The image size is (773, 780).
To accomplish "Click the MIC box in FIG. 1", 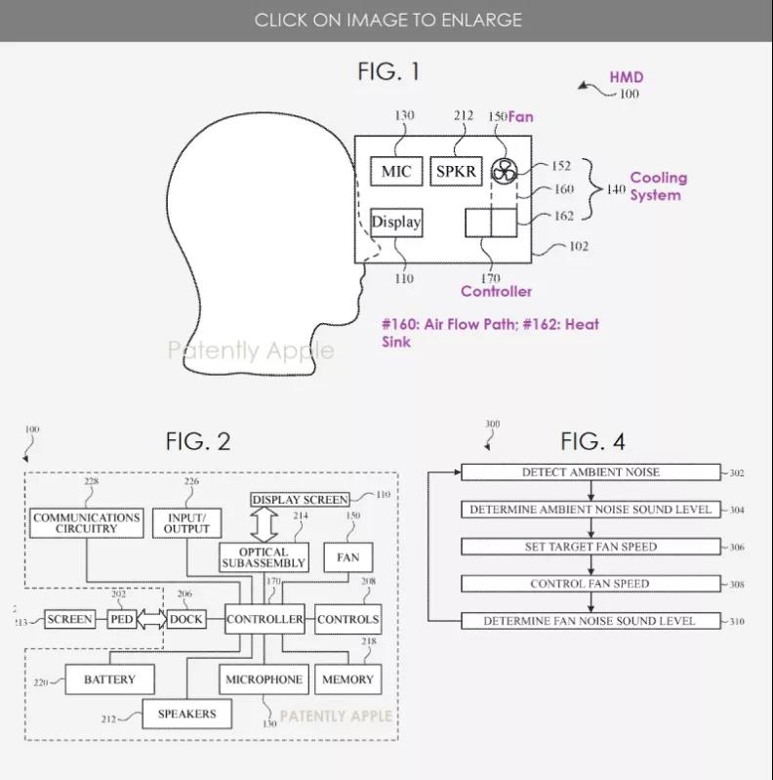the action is tap(396, 171).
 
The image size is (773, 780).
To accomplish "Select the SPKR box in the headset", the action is tap(456, 171).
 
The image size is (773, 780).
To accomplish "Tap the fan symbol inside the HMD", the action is tap(505, 172).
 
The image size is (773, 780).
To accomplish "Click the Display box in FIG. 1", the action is tap(396, 223).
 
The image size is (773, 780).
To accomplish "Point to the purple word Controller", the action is tap(496, 291).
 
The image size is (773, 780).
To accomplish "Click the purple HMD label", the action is tap(627, 77).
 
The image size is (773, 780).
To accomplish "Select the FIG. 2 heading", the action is tap(198, 441).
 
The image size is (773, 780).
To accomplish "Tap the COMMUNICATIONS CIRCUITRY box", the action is tap(87, 523).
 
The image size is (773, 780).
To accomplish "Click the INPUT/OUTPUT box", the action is tap(186, 523).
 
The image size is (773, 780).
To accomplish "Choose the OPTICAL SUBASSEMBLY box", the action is tap(264, 557).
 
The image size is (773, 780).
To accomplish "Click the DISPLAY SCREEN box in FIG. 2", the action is tap(300, 499).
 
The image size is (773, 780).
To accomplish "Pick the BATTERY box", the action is tap(110, 679).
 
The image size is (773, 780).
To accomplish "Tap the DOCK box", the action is tap(186, 619).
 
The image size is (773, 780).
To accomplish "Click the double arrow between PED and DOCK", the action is tap(151, 619).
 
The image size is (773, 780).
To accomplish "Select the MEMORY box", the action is tap(347, 679).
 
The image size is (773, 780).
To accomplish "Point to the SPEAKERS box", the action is tap(187, 714).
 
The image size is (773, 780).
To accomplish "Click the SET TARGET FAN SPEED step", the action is tap(590, 547).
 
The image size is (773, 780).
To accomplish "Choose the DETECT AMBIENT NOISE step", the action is tap(590, 472).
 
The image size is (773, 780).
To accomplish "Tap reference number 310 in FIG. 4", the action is tap(737, 621).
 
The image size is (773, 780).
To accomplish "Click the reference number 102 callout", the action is tap(579, 246).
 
